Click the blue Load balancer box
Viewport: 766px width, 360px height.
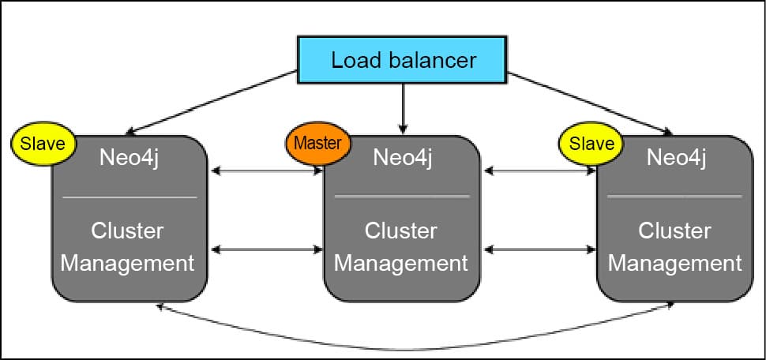404,60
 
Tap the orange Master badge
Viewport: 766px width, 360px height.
317,144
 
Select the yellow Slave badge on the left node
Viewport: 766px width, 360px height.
43,144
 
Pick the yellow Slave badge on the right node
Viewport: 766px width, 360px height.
591,144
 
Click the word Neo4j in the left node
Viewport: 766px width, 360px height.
130,157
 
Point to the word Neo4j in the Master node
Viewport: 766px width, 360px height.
403,157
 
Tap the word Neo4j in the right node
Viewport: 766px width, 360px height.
676,157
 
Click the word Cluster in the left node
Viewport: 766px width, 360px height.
128,231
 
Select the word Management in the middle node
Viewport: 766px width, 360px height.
401,262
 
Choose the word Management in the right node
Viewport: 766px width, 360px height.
675,262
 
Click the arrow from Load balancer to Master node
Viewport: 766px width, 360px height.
404,107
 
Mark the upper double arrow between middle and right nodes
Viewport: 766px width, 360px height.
539,170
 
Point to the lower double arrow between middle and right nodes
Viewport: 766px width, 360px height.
539,250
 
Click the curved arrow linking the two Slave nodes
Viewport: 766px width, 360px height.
411,347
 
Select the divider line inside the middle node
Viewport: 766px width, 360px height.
402,196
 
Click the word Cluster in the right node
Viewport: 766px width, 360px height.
674,231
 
